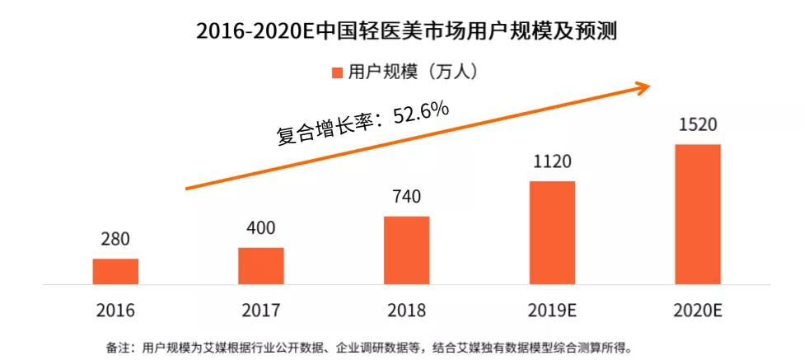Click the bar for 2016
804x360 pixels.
coord(115,271)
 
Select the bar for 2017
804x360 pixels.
coord(261,265)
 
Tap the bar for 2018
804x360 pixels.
coord(406,250)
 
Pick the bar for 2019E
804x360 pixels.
coord(552,232)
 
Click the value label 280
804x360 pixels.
coord(115,241)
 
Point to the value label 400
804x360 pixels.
coord(261,229)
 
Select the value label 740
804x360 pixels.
coord(406,198)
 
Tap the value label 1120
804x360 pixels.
coord(552,162)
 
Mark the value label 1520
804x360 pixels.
coord(698,126)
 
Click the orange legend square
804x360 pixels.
coord(337,72)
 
